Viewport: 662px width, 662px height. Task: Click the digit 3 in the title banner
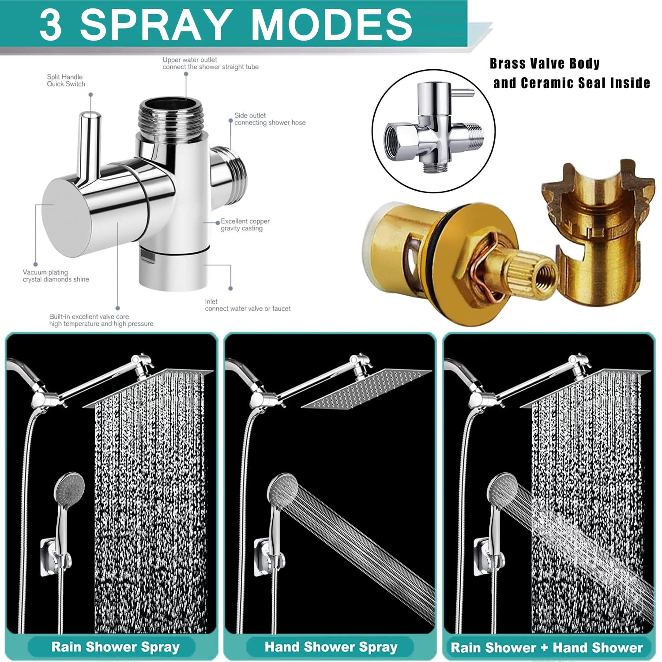point(50,25)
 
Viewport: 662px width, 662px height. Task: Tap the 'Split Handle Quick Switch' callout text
point(66,80)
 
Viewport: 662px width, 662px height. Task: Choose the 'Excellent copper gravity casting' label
point(245,225)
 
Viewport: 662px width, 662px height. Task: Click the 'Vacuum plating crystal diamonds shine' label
point(56,276)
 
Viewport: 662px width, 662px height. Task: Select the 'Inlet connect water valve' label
point(248,305)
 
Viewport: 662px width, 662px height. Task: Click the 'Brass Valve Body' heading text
point(545,64)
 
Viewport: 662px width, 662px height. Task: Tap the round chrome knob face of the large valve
point(66,218)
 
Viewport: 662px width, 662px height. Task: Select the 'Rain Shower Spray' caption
point(116,647)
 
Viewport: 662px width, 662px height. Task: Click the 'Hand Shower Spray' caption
point(331,647)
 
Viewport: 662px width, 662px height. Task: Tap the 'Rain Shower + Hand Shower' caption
point(547,647)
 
